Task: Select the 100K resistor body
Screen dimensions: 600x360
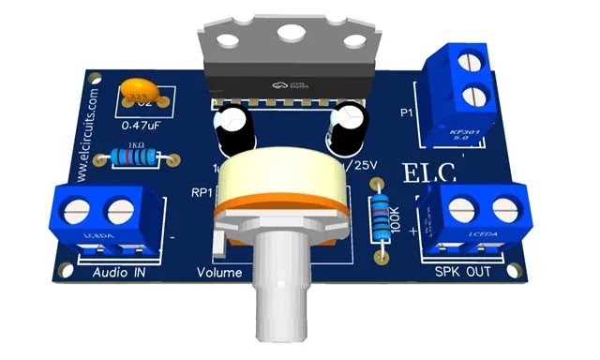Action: coord(382,217)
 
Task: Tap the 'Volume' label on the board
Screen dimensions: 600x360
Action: coord(219,274)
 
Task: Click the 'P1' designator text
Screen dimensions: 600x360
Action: coord(407,113)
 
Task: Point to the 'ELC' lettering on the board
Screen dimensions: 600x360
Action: coord(428,173)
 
